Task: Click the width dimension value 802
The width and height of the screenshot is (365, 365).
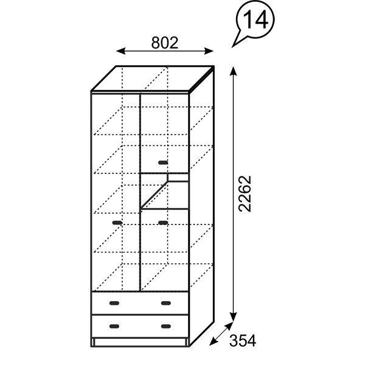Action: pos(164,43)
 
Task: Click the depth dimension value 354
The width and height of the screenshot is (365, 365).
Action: pos(243,341)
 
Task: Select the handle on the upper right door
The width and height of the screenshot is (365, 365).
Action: pos(162,162)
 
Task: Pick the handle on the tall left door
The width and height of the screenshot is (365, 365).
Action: pos(117,223)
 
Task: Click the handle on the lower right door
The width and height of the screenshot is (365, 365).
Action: pos(162,223)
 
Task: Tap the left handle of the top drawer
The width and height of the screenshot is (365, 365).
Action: pos(114,302)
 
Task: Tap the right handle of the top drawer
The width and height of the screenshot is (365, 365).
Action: pos(165,302)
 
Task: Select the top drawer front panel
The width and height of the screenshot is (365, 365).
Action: pos(139,302)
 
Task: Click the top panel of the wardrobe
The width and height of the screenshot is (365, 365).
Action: pos(152,78)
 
